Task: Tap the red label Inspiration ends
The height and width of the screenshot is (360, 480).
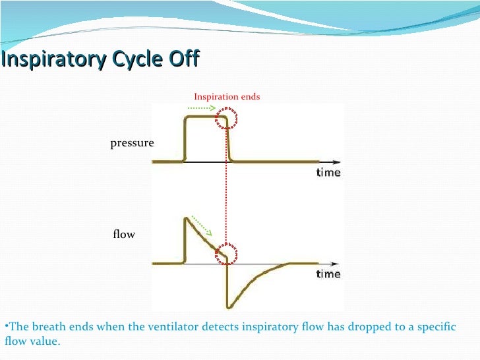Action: (227, 96)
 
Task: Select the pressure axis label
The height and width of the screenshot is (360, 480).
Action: (132, 142)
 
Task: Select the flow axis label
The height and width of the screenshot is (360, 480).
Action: (124, 234)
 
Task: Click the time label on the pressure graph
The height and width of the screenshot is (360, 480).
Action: (328, 173)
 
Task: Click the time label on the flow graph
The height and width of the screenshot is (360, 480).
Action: (328, 274)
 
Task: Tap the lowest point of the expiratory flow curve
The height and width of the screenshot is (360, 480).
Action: (228, 307)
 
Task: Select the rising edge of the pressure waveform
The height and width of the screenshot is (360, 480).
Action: (184, 138)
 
